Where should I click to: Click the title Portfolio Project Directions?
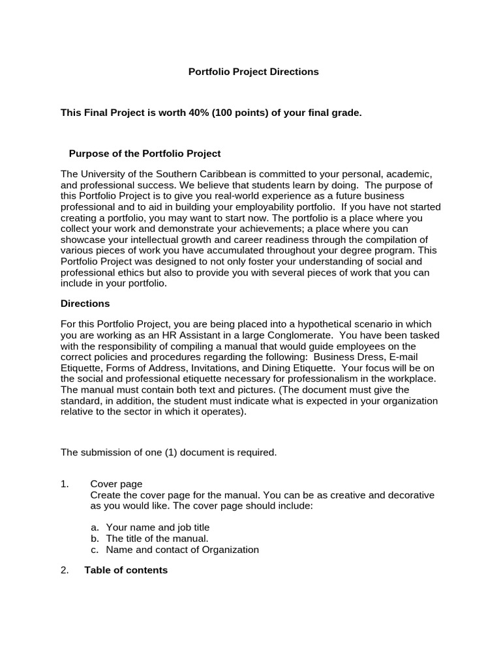[x=253, y=72]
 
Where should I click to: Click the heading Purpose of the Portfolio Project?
[x=145, y=154]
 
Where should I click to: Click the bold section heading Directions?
[x=85, y=304]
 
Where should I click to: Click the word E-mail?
[x=404, y=357]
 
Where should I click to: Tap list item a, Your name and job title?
[x=157, y=528]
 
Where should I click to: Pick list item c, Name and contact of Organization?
[x=182, y=550]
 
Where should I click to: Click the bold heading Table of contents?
[x=126, y=570]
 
